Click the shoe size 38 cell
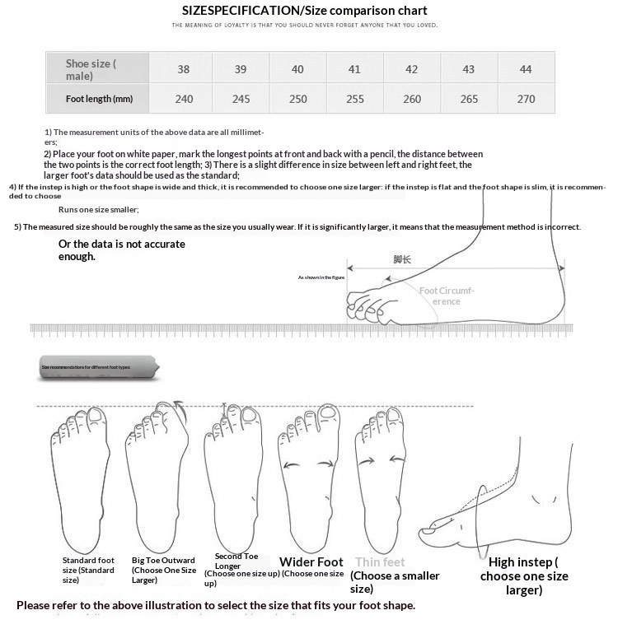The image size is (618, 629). (183, 69)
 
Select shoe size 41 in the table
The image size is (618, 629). (354, 69)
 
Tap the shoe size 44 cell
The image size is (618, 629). (525, 69)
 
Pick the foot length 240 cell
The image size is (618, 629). (183, 99)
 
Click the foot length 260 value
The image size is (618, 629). (411, 99)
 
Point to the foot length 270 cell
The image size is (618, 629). (525, 99)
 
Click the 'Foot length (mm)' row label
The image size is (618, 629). (99, 99)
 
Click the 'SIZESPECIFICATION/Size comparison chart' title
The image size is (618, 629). (305, 11)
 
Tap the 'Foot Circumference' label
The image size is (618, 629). (447, 296)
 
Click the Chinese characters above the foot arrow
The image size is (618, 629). (401, 259)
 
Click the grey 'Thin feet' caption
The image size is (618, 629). (380, 562)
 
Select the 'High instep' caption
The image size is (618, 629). (523, 562)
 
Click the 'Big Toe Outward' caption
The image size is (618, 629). (163, 561)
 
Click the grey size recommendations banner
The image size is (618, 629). (96, 366)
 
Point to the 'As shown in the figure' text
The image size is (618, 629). (321, 277)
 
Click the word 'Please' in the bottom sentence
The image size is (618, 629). (35, 606)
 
